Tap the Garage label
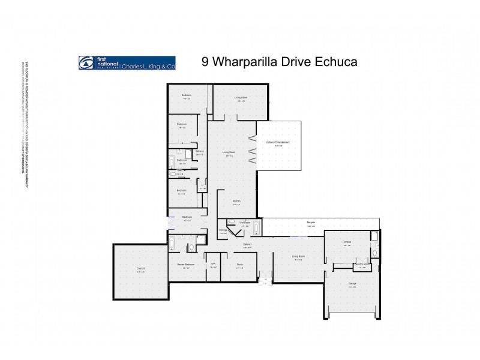[x=352, y=284]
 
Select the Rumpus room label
[x=347, y=242]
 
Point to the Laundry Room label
[x=361, y=263]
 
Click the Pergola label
[x=311, y=223]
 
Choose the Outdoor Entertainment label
[x=278, y=142]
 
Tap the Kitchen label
[x=237, y=202]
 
